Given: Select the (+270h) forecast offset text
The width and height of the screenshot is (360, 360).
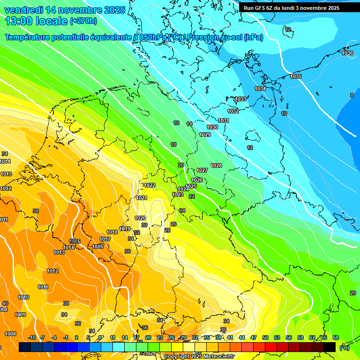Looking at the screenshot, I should click(83, 21).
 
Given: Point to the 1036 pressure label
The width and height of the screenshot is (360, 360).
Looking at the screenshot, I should click(347, 53).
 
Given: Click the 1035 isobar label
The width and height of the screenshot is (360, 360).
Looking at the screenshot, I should click(296, 76).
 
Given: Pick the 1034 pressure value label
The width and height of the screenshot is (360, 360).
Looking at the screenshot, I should click(260, 89).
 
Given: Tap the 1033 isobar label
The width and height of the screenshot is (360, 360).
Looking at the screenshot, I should click(240, 99).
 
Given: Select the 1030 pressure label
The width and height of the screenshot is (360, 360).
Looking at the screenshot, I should click(212, 127).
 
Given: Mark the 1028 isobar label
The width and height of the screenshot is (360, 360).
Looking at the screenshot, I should click(216, 165).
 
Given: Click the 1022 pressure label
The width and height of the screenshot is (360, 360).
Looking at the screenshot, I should click(150, 185).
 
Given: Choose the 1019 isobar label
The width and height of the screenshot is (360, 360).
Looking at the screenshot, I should click(125, 229).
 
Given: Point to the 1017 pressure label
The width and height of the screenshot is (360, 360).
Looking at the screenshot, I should click(105, 239).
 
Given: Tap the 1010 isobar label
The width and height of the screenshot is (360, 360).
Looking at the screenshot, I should click(23, 297).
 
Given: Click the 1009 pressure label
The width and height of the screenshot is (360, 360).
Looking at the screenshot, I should click(20, 315).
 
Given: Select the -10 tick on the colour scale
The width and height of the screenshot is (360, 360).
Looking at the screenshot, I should click(32, 337).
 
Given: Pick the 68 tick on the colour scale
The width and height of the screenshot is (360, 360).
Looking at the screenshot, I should click(336, 337).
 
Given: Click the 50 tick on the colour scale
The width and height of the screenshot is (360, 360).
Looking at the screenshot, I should click(265, 337).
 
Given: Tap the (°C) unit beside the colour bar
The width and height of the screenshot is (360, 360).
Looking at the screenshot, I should click(345, 348).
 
